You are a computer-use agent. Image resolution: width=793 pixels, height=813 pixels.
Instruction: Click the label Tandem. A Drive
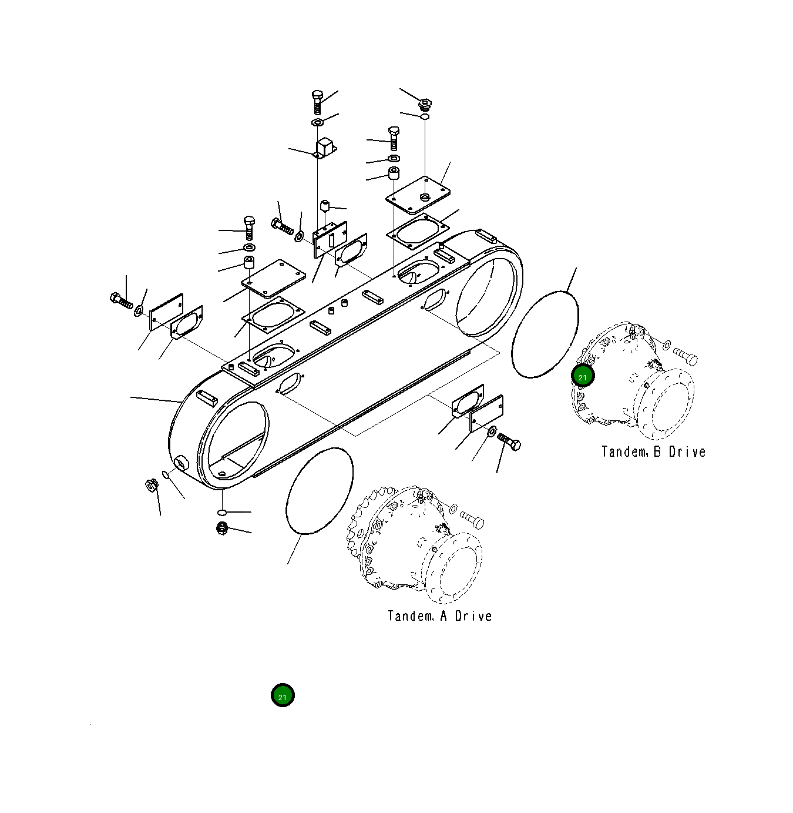(x=439, y=616)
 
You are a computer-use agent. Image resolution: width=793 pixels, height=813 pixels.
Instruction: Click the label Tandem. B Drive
(x=653, y=452)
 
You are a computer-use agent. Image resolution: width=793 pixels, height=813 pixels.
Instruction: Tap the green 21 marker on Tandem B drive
(x=583, y=377)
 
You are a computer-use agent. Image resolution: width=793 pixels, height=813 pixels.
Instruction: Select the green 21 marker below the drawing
(x=283, y=696)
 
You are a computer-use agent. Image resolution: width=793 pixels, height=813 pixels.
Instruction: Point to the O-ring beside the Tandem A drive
(x=319, y=491)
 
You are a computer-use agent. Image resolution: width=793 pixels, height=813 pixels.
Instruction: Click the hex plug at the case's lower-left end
(x=151, y=486)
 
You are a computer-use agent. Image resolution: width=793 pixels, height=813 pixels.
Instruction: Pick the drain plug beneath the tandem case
(x=221, y=527)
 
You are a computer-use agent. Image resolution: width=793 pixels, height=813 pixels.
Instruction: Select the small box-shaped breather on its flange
(x=324, y=147)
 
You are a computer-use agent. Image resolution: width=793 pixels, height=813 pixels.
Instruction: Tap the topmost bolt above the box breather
(x=317, y=102)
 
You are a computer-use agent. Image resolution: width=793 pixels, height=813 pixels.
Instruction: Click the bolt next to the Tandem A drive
(x=472, y=520)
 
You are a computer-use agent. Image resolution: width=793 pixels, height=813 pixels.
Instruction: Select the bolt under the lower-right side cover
(x=509, y=442)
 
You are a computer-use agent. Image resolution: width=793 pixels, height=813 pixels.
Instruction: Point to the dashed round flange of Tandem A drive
(x=453, y=567)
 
